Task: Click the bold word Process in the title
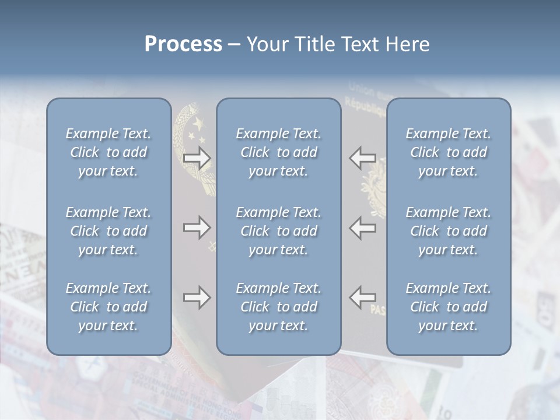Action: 183,44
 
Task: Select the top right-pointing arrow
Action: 197,158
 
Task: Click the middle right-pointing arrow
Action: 197,228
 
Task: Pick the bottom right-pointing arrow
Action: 197,297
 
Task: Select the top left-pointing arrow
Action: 362,158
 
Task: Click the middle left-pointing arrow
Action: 362,228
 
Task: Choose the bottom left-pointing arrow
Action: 362,297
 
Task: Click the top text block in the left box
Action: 108,152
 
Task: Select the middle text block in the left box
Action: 108,231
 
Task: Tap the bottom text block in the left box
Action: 108,307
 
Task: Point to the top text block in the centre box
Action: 279,152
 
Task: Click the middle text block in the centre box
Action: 279,231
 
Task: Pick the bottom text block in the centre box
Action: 279,307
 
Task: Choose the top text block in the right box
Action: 449,152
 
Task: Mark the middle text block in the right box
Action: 449,231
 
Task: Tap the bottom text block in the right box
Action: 449,307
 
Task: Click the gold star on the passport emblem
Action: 198,124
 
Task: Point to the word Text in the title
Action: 354,44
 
